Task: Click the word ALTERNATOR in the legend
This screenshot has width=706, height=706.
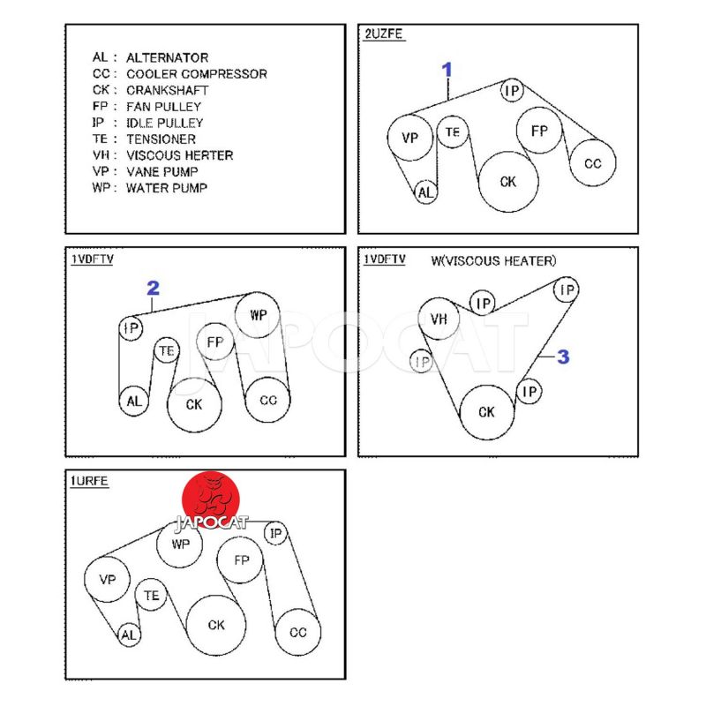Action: coord(167,57)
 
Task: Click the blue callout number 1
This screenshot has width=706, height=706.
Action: coord(447,70)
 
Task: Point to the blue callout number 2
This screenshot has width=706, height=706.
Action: coord(153,288)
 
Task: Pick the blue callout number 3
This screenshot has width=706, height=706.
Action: coord(562,357)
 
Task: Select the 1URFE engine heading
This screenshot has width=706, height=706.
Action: coord(90,482)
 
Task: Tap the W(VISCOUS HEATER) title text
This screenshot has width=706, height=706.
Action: coord(493,261)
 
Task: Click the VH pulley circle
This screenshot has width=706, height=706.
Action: coord(439,319)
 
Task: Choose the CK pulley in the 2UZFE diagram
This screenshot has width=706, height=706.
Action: coord(507,182)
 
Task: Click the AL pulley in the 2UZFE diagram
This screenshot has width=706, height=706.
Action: coord(426,192)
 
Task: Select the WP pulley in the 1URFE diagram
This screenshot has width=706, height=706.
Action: coord(180,544)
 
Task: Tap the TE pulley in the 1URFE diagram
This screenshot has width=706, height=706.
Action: coord(152,597)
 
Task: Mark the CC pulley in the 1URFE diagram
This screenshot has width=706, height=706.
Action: coord(297,632)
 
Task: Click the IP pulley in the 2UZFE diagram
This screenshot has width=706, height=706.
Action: coord(511,90)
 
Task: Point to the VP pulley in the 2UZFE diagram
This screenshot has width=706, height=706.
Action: coord(409,138)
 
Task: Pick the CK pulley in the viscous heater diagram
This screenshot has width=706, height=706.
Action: coord(486,412)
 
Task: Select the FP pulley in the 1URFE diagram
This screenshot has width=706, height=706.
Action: coord(242,560)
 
